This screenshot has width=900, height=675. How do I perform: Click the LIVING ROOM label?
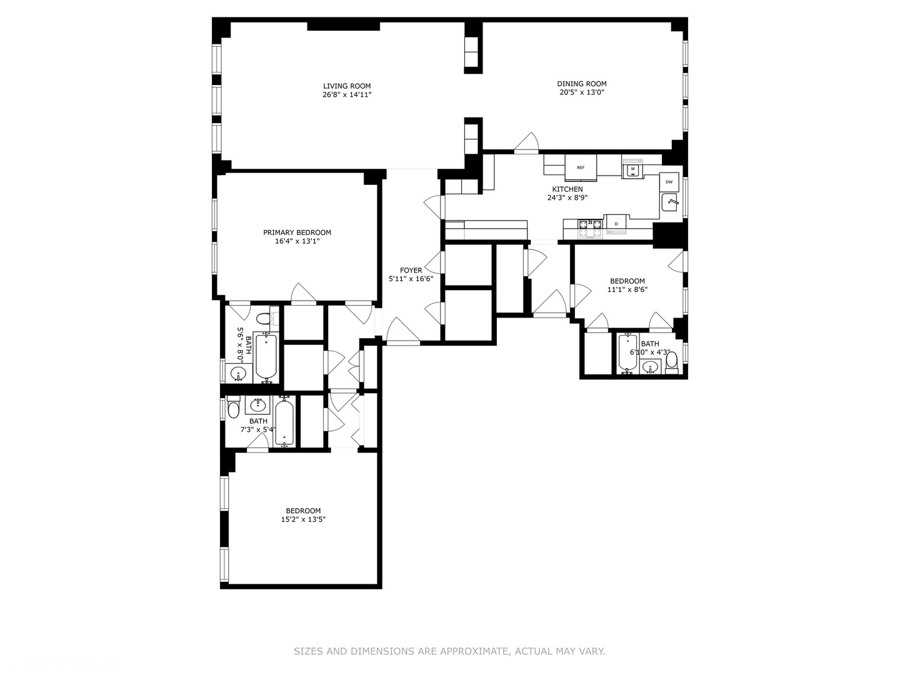[347, 86]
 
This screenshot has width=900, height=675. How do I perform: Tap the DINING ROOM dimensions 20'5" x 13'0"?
[582, 92]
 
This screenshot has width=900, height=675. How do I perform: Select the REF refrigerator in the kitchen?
[581, 167]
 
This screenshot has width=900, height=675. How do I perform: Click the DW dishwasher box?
[669, 182]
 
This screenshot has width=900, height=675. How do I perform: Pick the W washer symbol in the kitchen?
[632, 169]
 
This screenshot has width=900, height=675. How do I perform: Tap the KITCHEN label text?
[567, 189]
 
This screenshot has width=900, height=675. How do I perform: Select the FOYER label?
[411, 271]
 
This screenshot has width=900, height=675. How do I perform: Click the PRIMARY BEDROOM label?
[297, 232]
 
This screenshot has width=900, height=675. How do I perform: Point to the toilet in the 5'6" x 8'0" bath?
[266, 318]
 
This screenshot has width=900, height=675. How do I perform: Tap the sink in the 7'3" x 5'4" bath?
[258, 405]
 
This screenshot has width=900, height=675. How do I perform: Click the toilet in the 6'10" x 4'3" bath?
[672, 362]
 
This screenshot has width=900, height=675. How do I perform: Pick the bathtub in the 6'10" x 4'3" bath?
[627, 353]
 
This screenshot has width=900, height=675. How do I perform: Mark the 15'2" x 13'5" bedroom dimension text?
[303, 519]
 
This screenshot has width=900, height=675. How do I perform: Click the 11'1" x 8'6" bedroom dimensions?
[627, 290]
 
